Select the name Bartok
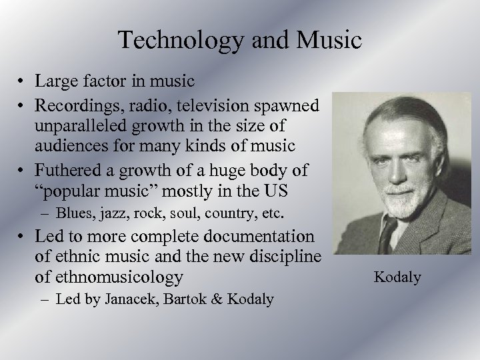click(x=181, y=299)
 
